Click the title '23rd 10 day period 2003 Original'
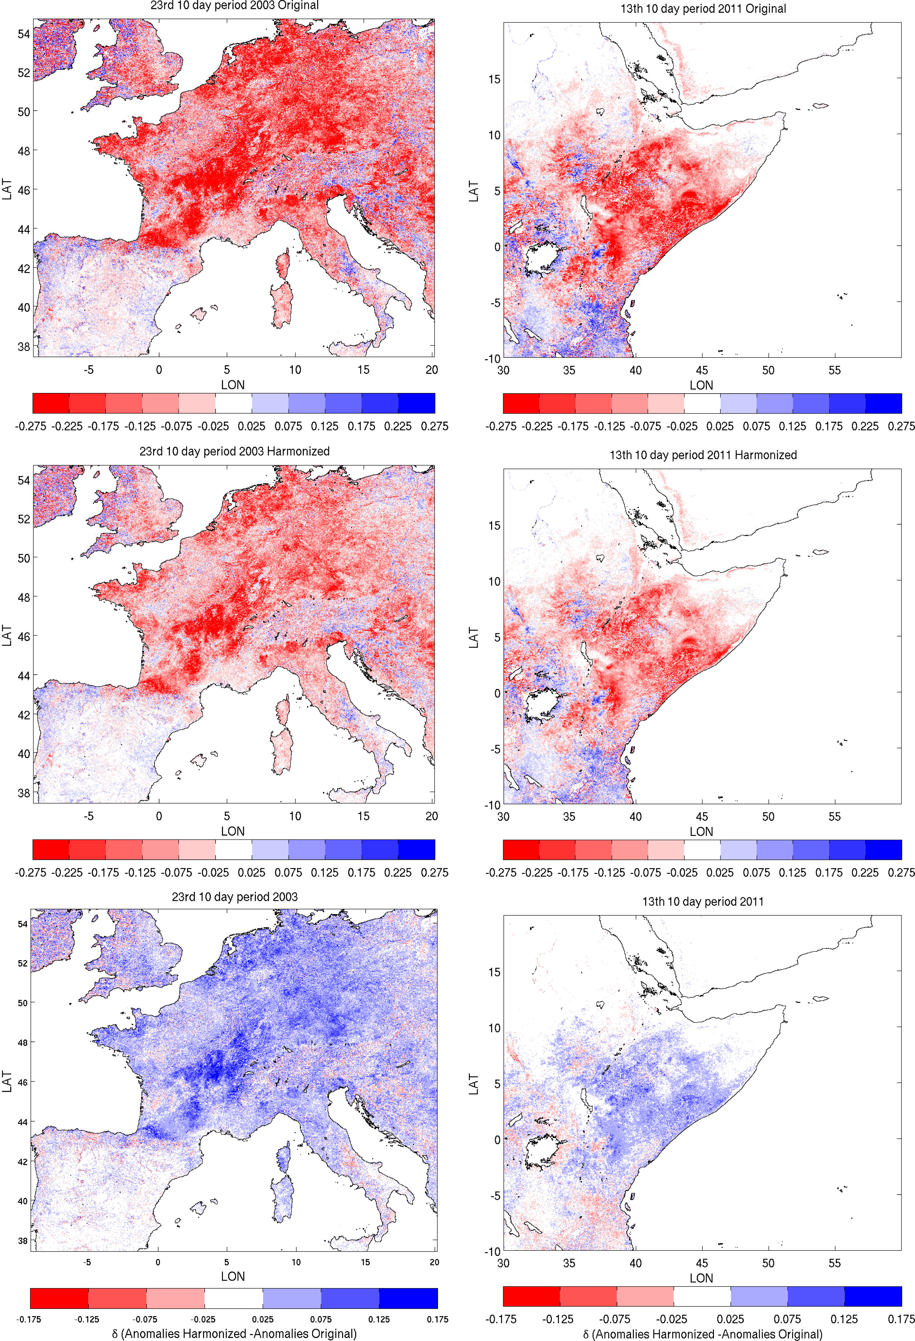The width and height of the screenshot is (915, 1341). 234,6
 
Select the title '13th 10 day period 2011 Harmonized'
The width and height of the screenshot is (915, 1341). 703,455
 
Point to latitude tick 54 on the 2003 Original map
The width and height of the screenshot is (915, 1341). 24,34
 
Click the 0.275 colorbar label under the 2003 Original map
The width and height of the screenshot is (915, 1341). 434,426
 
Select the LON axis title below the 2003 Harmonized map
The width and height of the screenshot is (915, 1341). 233,831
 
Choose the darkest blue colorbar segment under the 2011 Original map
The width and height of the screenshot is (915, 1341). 883,403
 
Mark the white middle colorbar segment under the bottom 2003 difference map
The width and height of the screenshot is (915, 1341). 233,1298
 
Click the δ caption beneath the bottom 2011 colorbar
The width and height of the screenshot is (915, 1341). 702,1334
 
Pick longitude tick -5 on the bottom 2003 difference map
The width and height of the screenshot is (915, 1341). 87,1262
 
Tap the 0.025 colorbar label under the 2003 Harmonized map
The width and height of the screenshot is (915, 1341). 252,873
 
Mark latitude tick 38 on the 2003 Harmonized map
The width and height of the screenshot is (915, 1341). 24,793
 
